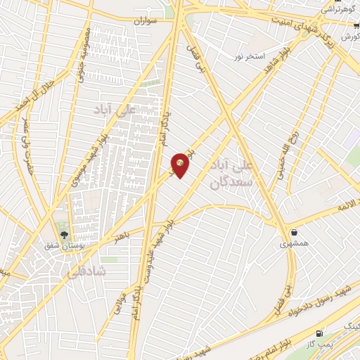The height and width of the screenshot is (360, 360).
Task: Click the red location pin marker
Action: [x=181, y=165]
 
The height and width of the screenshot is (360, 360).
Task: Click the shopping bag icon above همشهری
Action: [x=293, y=231]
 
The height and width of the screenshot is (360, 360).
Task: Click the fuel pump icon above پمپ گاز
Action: [x=321, y=332]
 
